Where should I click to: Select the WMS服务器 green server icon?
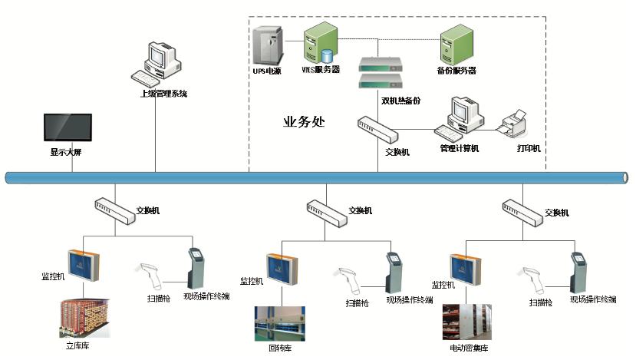321,43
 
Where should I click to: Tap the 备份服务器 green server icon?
455,44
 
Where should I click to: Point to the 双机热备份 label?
400,101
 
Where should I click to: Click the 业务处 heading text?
304,121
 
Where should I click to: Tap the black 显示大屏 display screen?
68,130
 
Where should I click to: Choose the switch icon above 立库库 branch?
113,207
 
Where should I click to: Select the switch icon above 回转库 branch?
325,208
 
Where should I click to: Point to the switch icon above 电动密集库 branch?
522,208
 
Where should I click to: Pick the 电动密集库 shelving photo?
467,323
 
